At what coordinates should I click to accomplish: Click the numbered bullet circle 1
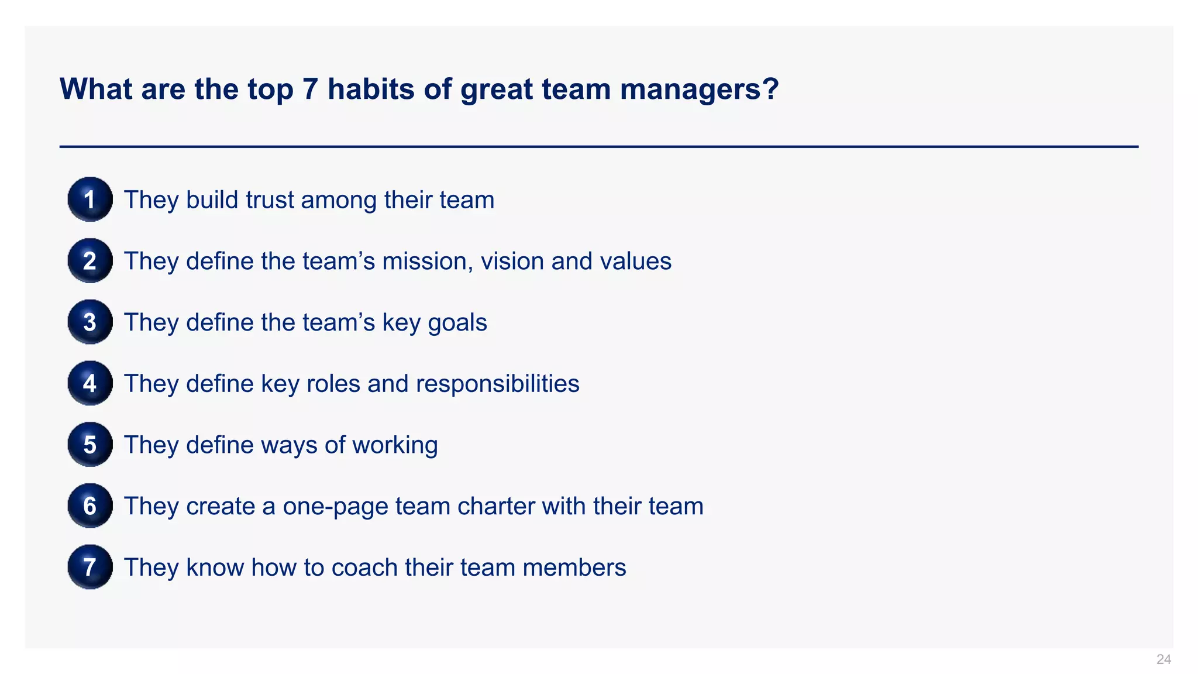tap(89, 200)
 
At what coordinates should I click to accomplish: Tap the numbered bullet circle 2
tap(89, 261)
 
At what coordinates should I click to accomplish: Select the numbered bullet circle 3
tap(89, 322)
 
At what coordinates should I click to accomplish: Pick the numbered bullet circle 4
tap(89, 383)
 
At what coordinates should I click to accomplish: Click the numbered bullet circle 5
tap(89, 445)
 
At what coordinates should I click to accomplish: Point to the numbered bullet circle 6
tap(89, 505)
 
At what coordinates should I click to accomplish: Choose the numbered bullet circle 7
tap(89, 567)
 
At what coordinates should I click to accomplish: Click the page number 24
tap(1163, 659)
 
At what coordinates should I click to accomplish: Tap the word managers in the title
tap(699, 90)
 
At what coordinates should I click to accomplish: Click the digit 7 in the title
tap(310, 90)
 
